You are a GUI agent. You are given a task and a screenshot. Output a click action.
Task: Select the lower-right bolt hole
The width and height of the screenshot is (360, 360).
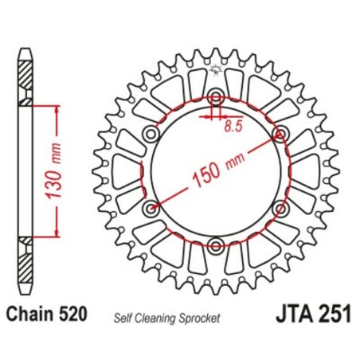click(x=280, y=209)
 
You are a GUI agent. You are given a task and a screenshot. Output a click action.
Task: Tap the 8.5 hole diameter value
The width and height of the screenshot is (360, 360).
click(x=232, y=124)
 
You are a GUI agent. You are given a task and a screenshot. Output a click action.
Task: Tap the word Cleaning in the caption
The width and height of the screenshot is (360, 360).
click(x=163, y=316)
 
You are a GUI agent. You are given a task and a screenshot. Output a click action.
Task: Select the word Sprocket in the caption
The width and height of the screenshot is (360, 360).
click(x=201, y=316)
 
